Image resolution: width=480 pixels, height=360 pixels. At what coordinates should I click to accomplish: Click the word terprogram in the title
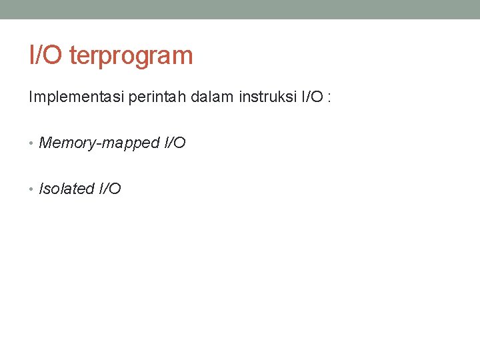point(131,56)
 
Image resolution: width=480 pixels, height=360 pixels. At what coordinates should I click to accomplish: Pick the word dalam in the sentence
point(211,97)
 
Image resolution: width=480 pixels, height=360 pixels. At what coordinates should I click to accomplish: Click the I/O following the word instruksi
point(313,97)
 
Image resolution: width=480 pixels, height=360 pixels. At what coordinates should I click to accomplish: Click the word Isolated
point(67,189)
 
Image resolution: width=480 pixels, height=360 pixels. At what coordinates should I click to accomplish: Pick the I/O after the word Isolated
point(110,189)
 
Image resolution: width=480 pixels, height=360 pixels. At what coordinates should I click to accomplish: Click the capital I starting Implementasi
point(31,97)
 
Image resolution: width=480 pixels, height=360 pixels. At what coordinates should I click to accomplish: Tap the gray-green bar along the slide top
point(240,9)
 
